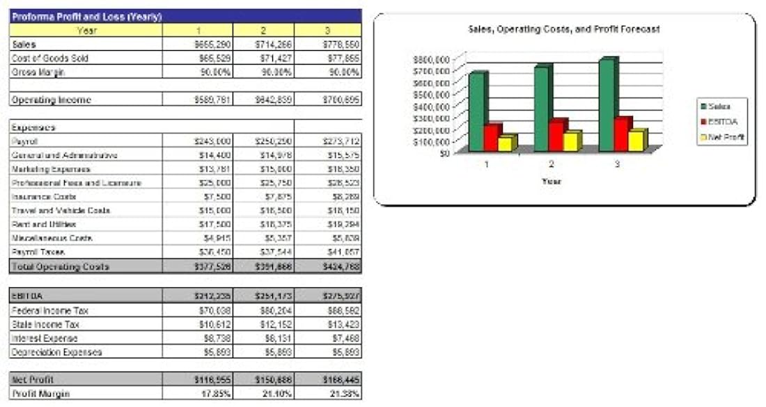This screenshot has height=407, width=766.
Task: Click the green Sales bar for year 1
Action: [x=478, y=111]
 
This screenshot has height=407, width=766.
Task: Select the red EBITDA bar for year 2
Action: [x=556, y=136]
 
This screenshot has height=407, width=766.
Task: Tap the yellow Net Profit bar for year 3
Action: [x=634, y=141]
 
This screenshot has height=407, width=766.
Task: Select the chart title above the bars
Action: [x=564, y=30]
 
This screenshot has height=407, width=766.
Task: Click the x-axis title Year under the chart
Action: [x=551, y=181]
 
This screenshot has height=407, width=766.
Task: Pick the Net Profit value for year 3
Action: [x=343, y=380]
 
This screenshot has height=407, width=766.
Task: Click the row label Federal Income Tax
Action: [x=50, y=310]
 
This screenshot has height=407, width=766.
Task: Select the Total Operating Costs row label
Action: [x=61, y=266]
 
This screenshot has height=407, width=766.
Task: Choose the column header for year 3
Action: [x=328, y=31]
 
